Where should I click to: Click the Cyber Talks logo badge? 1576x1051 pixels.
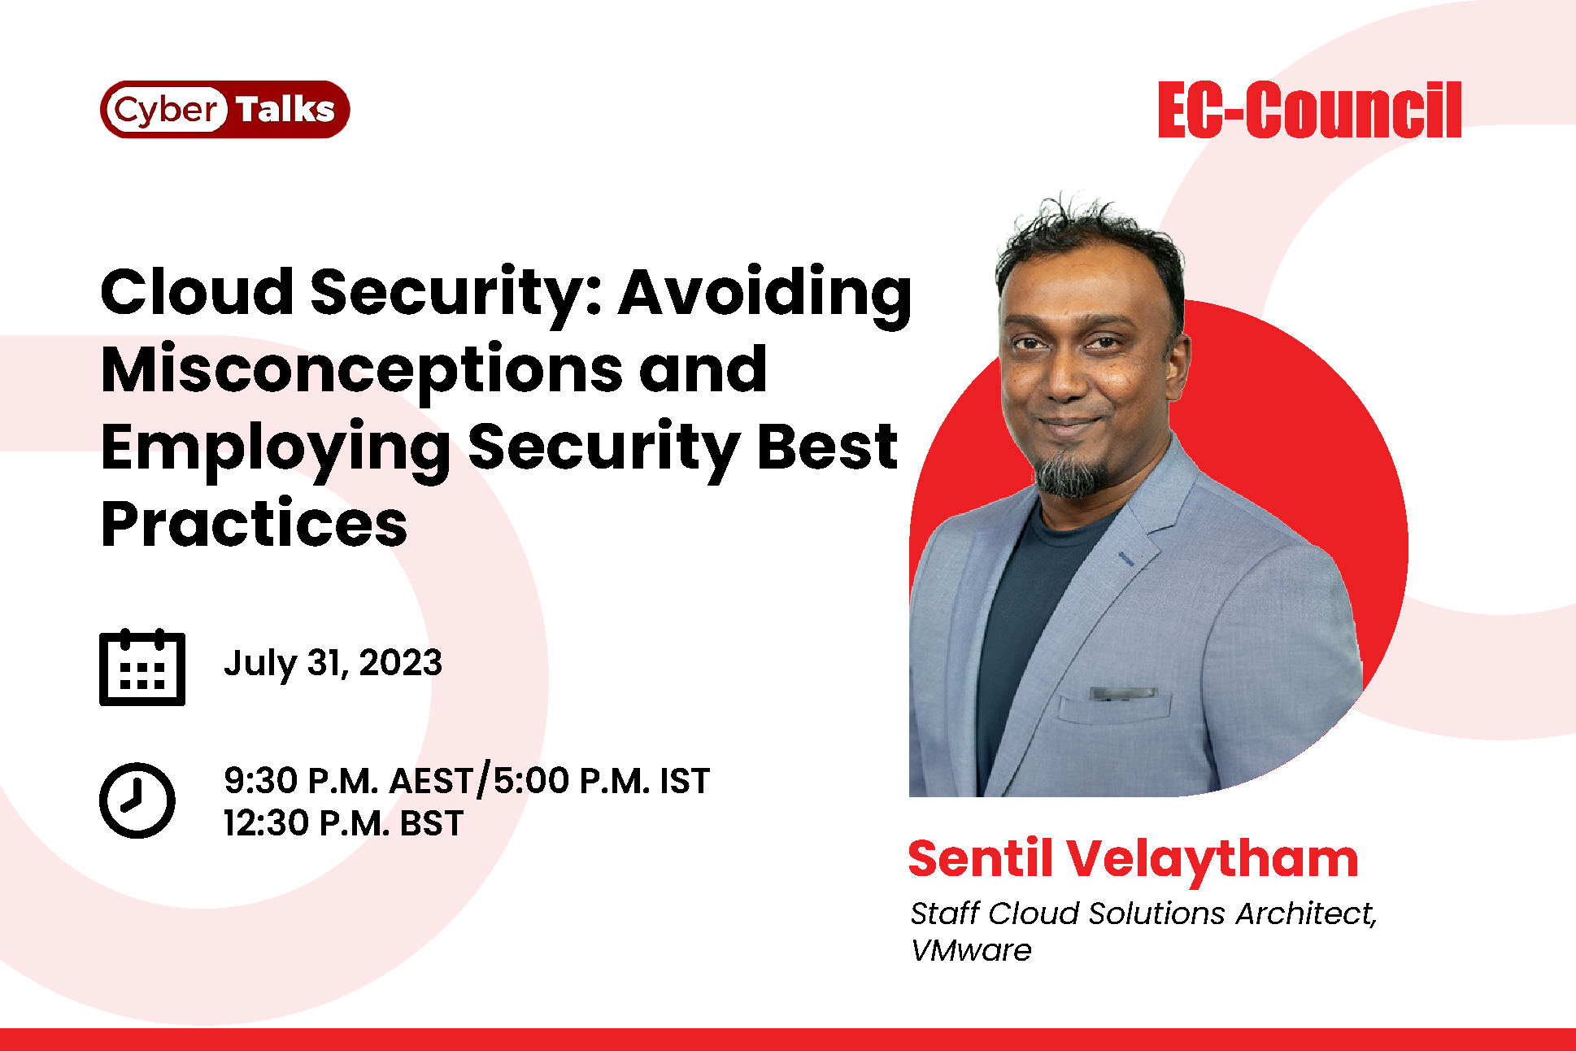(224, 109)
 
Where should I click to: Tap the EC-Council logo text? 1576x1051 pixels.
(1309, 110)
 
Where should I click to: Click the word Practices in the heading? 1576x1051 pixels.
(254, 524)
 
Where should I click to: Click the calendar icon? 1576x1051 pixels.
(142, 667)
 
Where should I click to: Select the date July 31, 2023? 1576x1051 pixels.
(333, 664)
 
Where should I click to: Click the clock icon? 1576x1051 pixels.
(137, 800)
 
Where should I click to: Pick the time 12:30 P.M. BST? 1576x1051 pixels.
(343, 823)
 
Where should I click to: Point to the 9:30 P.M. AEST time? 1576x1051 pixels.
(348, 781)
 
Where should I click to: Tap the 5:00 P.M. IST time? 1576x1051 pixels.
(602, 781)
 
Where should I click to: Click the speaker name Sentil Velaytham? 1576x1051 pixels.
(1133, 859)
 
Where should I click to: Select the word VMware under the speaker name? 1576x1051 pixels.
(970, 950)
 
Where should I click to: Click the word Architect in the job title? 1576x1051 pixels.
(1304, 914)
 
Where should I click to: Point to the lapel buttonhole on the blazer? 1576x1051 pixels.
(1127, 557)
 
